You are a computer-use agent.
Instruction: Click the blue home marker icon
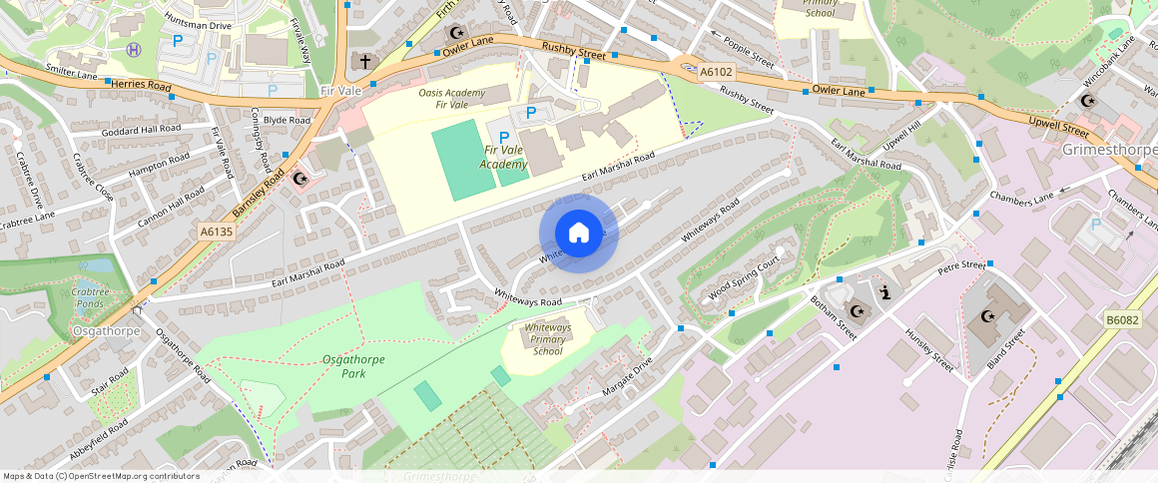(579, 234)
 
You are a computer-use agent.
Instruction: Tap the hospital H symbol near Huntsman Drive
(135, 49)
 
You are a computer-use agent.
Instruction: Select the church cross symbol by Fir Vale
(365, 62)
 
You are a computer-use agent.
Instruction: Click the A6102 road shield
(715, 72)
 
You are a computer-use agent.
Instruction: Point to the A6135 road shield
(216, 232)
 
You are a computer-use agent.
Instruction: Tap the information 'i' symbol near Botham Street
(884, 291)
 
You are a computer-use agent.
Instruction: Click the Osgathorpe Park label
(350, 366)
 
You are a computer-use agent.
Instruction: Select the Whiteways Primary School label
(548, 339)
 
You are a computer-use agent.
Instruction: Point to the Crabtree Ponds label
(89, 298)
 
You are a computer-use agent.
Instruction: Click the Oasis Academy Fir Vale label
(452, 99)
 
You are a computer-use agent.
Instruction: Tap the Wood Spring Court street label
(743, 280)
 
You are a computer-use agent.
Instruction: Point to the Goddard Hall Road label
(141, 130)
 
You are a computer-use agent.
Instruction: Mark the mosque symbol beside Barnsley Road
(300, 179)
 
